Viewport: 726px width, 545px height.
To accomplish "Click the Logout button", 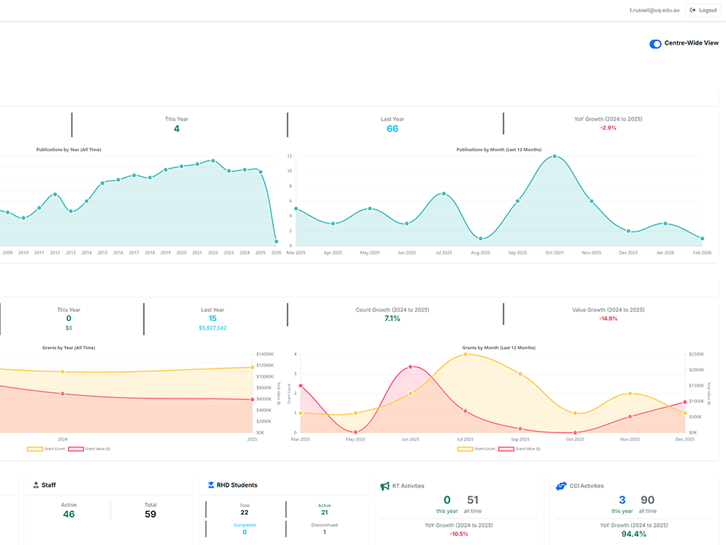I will click(x=703, y=10).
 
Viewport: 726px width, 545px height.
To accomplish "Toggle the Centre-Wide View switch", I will click(x=656, y=44).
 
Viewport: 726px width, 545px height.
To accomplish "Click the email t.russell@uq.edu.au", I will click(x=654, y=10).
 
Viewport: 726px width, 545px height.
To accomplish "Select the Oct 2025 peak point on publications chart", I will click(x=554, y=157).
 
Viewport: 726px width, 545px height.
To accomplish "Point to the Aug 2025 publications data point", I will click(x=480, y=238).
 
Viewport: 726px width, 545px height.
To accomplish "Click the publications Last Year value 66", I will click(x=392, y=129).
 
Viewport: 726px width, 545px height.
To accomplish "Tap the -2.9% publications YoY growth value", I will click(x=608, y=128).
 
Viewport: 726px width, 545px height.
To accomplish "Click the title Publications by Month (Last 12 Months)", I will click(x=498, y=150).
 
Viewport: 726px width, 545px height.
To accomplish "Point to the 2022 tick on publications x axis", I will click(x=213, y=253).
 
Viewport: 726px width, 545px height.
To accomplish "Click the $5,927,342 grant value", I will click(x=213, y=328).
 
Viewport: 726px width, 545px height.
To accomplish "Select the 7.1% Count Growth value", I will click(x=392, y=319).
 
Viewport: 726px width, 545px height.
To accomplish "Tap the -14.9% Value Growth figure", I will click(x=608, y=319).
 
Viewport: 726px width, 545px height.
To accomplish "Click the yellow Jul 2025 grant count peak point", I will click(x=465, y=353).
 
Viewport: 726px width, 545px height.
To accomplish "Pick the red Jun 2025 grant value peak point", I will click(x=411, y=367).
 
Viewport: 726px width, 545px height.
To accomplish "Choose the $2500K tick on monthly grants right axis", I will click(x=697, y=354).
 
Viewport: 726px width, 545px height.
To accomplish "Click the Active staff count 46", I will click(x=69, y=514).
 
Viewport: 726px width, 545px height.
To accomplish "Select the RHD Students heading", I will click(x=237, y=485).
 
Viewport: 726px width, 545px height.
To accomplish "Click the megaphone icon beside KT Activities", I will click(x=385, y=486).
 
